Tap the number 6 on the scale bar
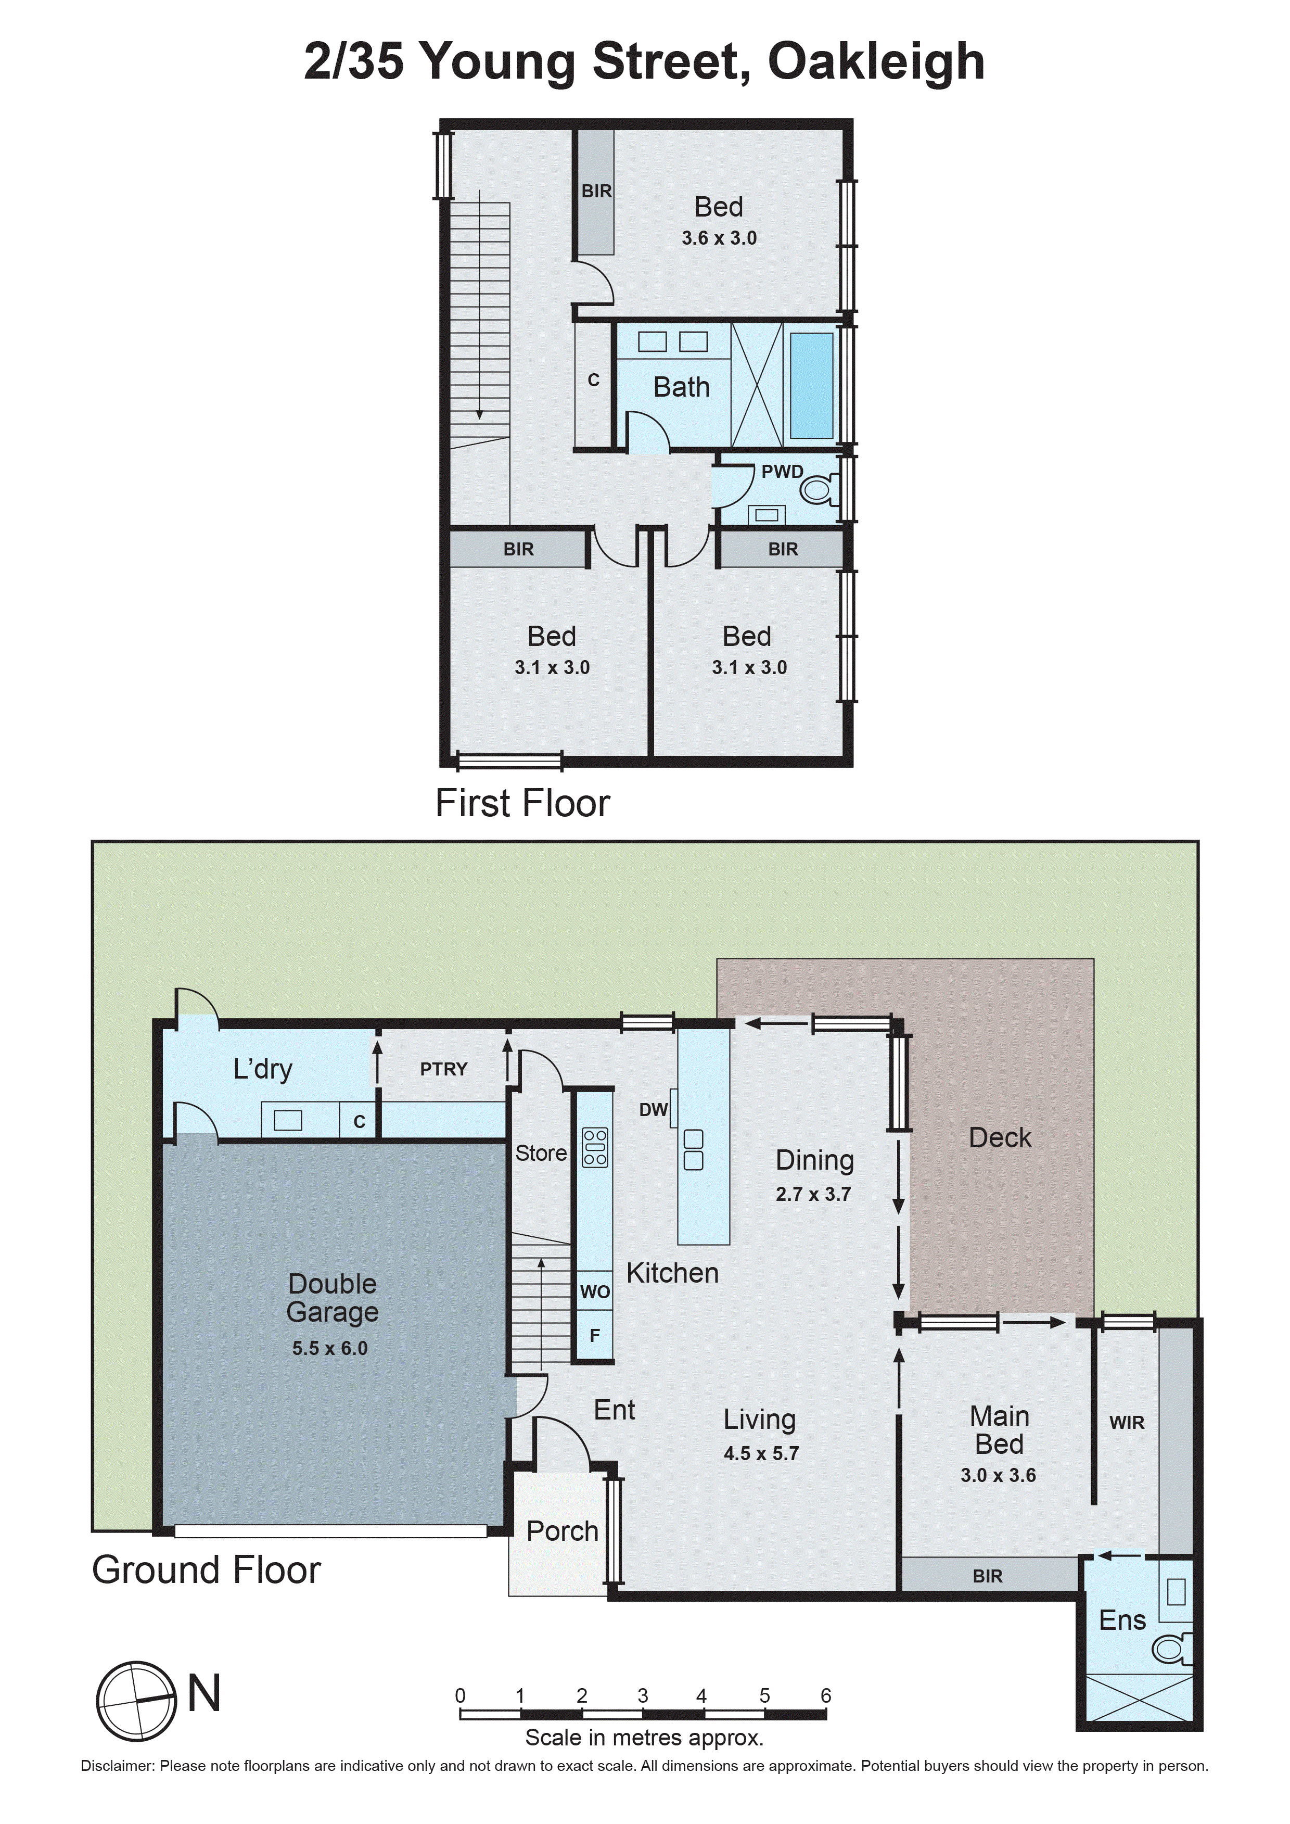825,1695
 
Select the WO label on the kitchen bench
595,1291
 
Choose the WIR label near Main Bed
1127,1423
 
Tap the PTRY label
443,1069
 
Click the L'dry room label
263,1069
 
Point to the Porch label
563,1531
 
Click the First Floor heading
522,803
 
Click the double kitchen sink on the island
693,1149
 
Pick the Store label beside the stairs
541,1152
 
